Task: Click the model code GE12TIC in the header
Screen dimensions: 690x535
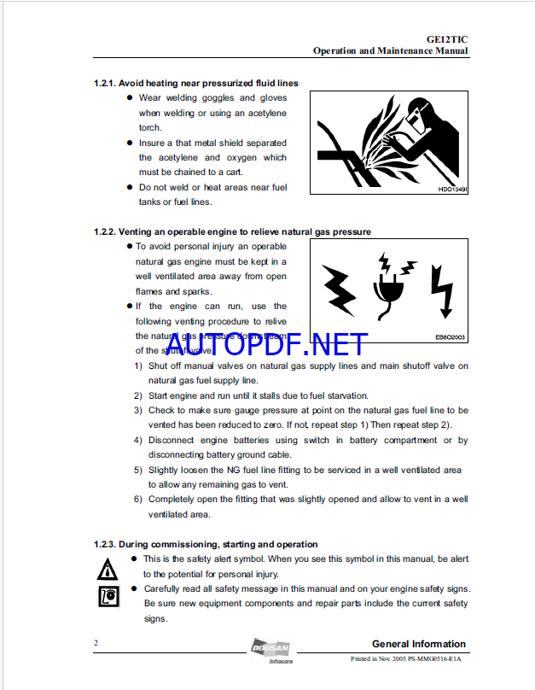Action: [x=446, y=38]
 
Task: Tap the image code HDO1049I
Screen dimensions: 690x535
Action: [x=452, y=190]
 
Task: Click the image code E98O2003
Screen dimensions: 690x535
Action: [x=451, y=337]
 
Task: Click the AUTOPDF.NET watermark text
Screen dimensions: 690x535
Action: [x=267, y=345]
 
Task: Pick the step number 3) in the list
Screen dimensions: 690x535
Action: [x=138, y=411]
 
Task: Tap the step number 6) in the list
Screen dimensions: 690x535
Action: [x=138, y=500]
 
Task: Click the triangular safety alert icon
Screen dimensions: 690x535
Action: [x=108, y=568]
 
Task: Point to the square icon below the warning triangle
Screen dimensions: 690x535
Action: [x=108, y=597]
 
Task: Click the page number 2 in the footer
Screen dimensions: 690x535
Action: [x=96, y=643]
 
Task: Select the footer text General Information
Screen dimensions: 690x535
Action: [x=419, y=644]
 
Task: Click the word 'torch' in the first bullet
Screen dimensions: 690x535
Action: [x=149, y=128]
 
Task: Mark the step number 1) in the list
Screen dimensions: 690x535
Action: [x=138, y=366]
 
